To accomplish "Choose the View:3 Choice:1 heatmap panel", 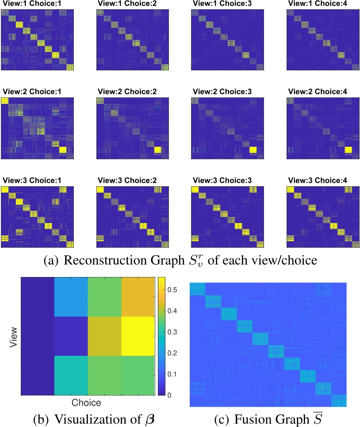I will [x=37, y=217].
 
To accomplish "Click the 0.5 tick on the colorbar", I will [x=170, y=289].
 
